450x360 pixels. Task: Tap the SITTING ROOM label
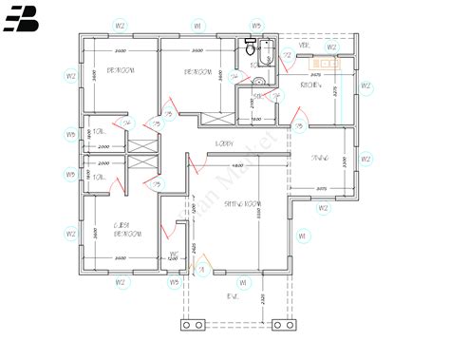242,204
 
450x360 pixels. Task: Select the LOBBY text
224,143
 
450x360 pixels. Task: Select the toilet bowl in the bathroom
248,52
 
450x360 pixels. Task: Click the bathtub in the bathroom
265,55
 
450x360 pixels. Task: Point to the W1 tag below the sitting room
243,282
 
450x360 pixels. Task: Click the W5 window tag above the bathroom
256,25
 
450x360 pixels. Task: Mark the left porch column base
194,325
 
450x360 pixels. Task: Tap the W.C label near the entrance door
174,252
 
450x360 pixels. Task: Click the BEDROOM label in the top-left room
119,71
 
